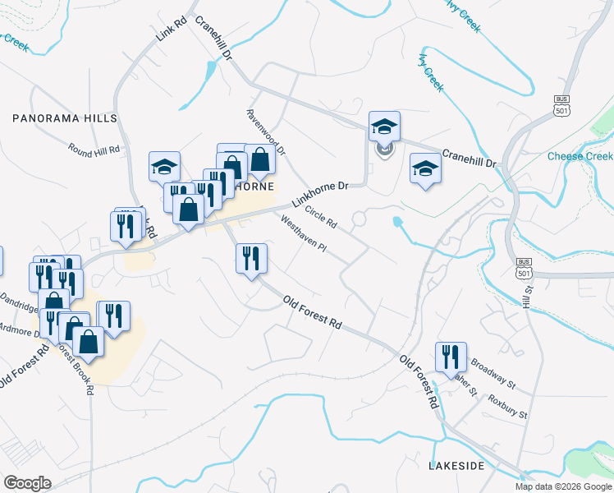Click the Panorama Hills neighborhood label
pyautogui.click(x=65, y=118)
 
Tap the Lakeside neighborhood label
pyautogui.click(x=456, y=465)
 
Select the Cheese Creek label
pyautogui.click(x=580, y=156)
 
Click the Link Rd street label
pyautogui.click(x=172, y=27)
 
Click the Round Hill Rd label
pyautogui.click(x=94, y=151)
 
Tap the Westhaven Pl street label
pyautogui.click(x=303, y=234)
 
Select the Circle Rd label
pyautogui.click(x=321, y=217)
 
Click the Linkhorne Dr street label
pyautogui.click(x=321, y=193)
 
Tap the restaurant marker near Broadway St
pyautogui.click(x=451, y=357)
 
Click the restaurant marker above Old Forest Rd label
pyautogui.click(x=251, y=258)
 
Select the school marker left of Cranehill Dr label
pyautogui.click(x=424, y=169)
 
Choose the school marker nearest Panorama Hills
pyautogui.click(x=164, y=167)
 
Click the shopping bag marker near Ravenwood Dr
pyautogui.click(x=259, y=162)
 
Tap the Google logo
pyautogui.click(x=27, y=483)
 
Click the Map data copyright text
pyautogui.click(x=563, y=486)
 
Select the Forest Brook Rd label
pyautogui.click(x=71, y=368)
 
